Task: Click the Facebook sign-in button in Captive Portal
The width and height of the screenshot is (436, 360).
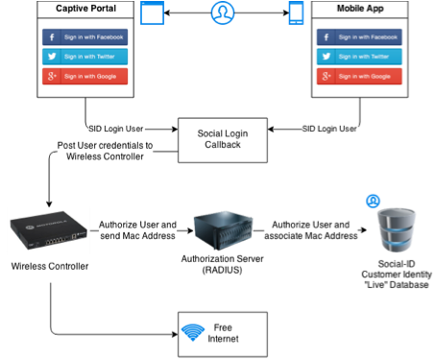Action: pyautogui.click(x=85, y=37)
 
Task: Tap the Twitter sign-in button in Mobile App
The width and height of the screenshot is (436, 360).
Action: pyautogui.click(x=359, y=57)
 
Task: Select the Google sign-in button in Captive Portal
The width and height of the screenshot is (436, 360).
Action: pyautogui.click(x=85, y=76)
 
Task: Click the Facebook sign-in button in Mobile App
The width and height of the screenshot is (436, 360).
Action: pyautogui.click(x=359, y=37)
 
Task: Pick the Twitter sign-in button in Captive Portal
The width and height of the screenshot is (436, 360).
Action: pyautogui.click(x=85, y=57)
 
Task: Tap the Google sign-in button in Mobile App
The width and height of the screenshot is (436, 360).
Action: pyautogui.click(x=359, y=76)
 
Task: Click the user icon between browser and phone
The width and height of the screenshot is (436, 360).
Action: pyautogui.click(x=223, y=12)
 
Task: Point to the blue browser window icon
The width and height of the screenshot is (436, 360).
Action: pyautogui.click(x=153, y=12)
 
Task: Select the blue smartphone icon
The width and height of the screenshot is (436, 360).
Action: pyautogui.click(x=296, y=12)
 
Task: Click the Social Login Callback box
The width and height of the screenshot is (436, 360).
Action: pyautogui.click(x=223, y=140)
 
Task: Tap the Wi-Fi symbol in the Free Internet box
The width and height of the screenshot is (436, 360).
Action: pyautogui.click(x=193, y=332)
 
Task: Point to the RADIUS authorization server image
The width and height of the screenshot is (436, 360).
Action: pyautogui.click(x=223, y=230)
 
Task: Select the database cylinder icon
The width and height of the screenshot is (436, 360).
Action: pyautogui.click(x=397, y=230)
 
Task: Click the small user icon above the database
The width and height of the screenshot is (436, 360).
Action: pyautogui.click(x=373, y=201)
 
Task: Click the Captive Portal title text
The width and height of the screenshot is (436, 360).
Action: pyautogui.click(x=85, y=9)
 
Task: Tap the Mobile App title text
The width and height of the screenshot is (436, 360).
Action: pyautogui.click(x=360, y=9)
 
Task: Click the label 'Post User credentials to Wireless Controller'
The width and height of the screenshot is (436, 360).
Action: pyautogui.click(x=105, y=151)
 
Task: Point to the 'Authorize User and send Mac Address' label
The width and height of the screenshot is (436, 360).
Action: pyautogui.click(x=137, y=230)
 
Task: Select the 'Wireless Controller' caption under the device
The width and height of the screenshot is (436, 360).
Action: pyautogui.click(x=50, y=266)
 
